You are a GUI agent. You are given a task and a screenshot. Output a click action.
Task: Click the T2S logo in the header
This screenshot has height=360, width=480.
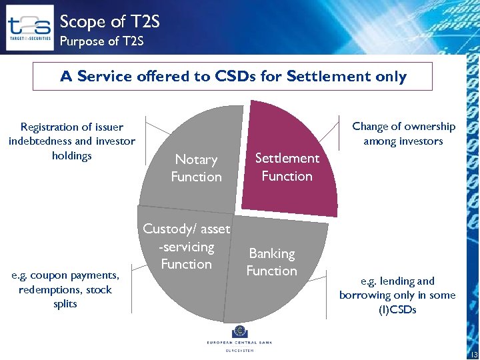pyautogui.click(x=29, y=27)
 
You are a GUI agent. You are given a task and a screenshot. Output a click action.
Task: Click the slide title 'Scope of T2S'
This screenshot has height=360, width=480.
pyautogui.click(x=110, y=21)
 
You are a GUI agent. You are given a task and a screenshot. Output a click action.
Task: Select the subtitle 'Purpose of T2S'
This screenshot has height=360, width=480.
pyautogui.click(x=101, y=41)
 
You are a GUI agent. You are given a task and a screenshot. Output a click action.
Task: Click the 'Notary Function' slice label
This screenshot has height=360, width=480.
pyautogui.click(x=196, y=168)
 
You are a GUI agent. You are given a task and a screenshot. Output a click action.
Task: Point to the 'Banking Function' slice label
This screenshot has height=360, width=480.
pyautogui.click(x=271, y=262)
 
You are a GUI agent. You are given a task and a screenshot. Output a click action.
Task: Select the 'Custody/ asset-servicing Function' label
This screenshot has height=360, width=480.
pyautogui.click(x=187, y=247)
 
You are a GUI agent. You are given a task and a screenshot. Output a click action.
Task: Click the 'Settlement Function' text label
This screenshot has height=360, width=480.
pyautogui.click(x=287, y=167)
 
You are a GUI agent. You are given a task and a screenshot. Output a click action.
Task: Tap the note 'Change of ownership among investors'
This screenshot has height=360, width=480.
pyautogui.click(x=403, y=133)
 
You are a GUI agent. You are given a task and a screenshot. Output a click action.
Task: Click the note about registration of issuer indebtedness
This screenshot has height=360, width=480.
pyautogui.click(x=72, y=141)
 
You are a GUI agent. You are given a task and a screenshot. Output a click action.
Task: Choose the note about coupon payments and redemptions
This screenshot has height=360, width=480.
pyautogui.click(x=65, y=289)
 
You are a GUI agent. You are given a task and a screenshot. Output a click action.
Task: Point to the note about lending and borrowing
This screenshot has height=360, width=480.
pyautogui.click(x=397, y=295)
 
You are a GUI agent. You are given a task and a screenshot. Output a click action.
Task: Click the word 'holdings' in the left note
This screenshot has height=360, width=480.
pyautogui.click(x=72, y=155)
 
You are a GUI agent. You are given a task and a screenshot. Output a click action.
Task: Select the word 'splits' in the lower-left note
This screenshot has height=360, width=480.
pyautogui.click(x=65, y=304)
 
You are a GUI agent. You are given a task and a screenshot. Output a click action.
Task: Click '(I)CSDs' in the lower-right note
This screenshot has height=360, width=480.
pyautogui.click(x=397, y=309)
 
